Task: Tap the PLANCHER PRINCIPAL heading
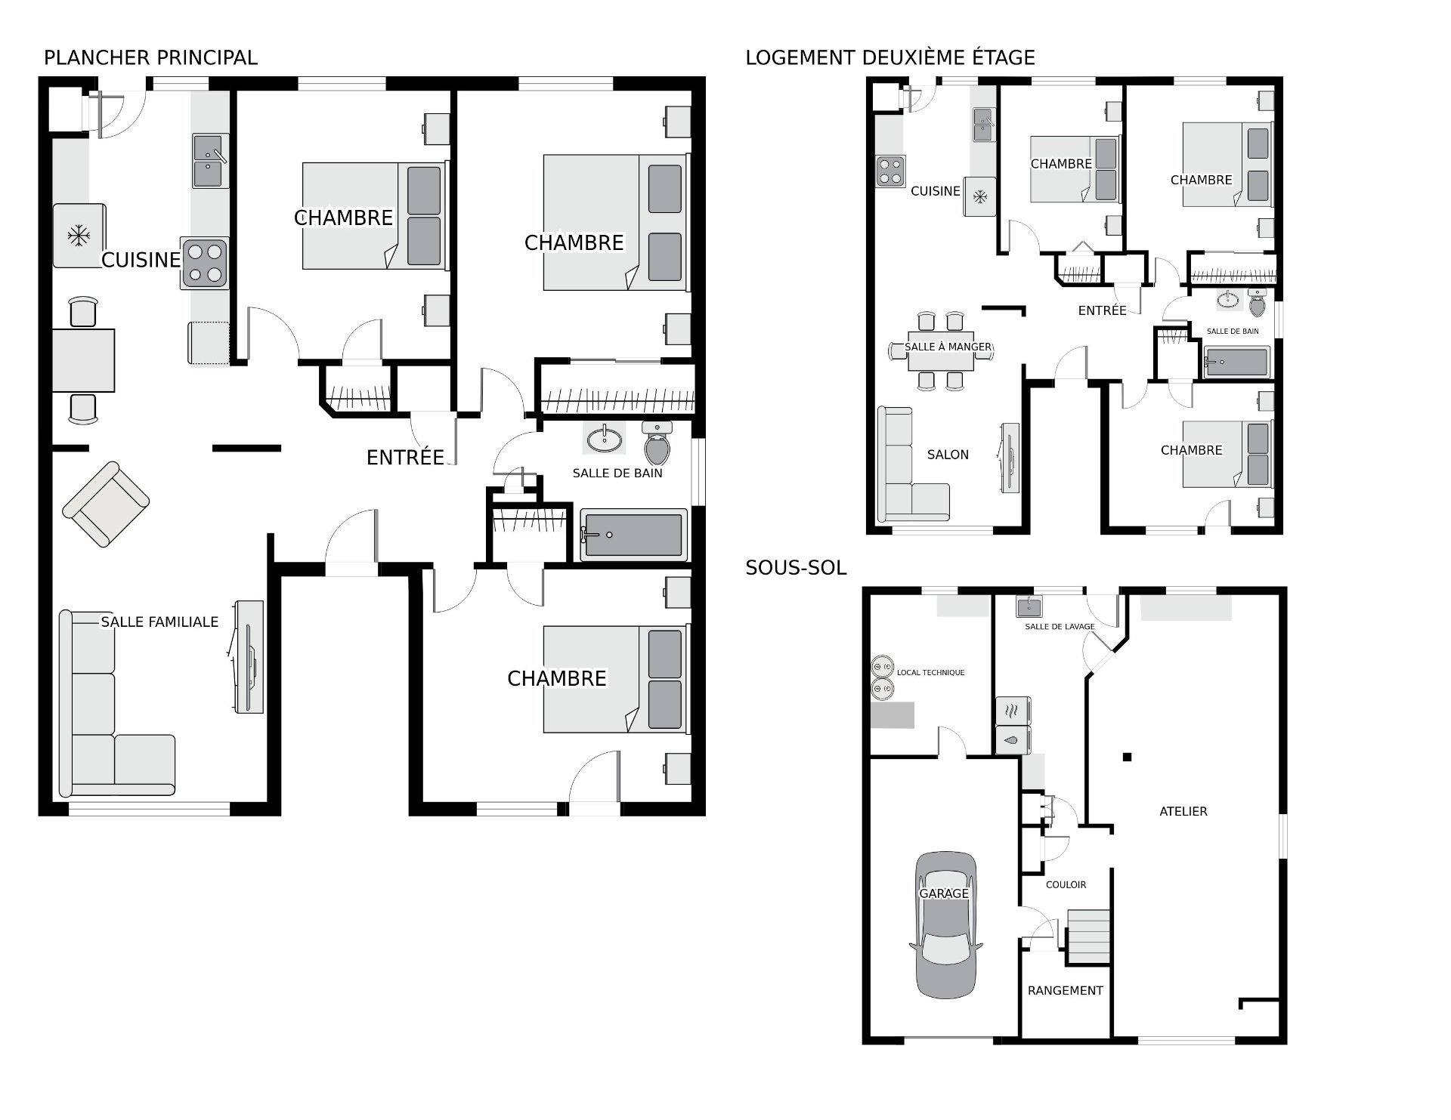click(150, 57)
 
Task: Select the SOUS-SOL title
click(796, 568)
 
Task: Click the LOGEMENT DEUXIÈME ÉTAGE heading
click(890, 57)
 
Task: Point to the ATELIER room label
click(1183, 811)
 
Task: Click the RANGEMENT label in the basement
click(1066, 990)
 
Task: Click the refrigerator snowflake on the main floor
click(78, 236)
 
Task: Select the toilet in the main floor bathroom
click(657, 443)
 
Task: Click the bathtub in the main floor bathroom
click(634, 535)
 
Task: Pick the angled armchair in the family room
click(106, 504)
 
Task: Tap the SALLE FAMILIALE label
click(159, 622)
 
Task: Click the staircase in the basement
click(1087, 936)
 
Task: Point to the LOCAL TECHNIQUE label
click(930, 672)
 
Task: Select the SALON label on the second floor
click(948, 455)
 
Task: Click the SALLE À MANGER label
click(948, 347)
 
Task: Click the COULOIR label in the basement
click(1066, 884)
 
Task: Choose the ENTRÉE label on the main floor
click(405, 457)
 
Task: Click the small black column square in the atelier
click(1127, 757)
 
